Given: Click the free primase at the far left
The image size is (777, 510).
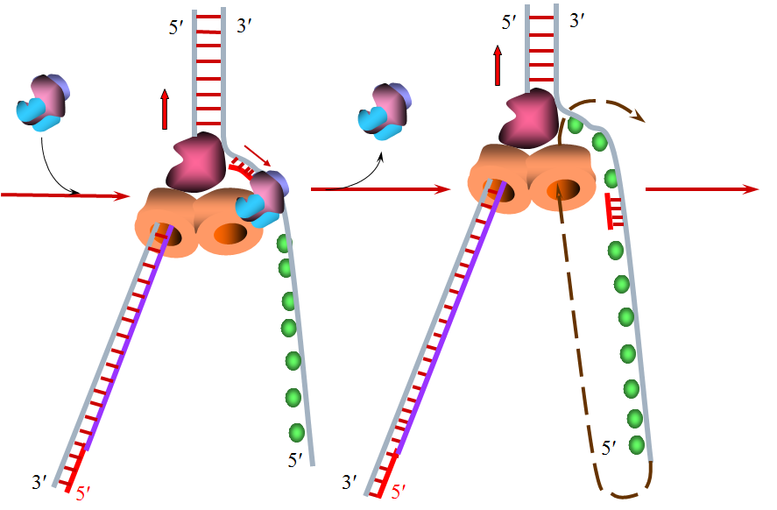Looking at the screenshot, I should (43, 103).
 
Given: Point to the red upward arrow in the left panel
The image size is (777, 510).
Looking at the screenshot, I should (165, 109).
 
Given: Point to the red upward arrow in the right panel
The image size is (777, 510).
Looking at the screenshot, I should (498, 66).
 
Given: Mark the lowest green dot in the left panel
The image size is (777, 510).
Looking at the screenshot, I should (296, 432).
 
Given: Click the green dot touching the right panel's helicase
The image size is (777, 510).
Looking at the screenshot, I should (576, 125).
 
